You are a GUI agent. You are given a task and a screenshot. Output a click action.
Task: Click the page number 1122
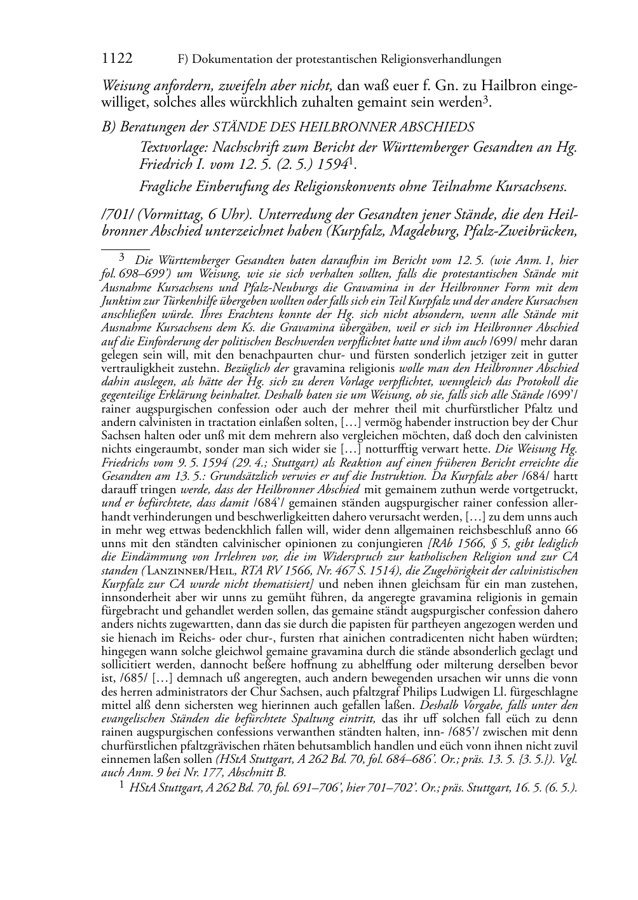pos(117,59)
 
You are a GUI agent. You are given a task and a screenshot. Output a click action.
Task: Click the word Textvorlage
pos(172,149)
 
